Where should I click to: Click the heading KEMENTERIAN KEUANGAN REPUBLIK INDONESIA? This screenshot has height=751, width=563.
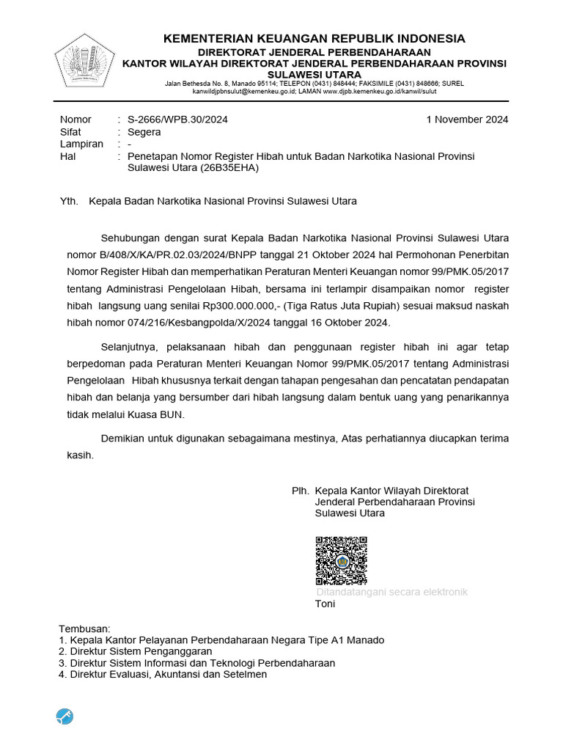[x=314, y=39]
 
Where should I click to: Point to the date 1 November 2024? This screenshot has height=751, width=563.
[x=467, y=120]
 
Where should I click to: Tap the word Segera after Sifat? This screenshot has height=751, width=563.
[x=144, y=132]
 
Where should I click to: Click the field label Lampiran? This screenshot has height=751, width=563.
[x=81, y=144]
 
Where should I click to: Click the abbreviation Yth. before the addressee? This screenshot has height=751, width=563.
[x=69, y=201]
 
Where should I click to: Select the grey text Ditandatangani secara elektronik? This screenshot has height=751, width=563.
[x=391, y=592]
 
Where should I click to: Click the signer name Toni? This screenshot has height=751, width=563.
[x=325, y=604]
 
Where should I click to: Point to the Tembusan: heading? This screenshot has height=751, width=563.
[x=84, y=629]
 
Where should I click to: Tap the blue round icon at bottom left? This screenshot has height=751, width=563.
[x=65, y=717]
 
